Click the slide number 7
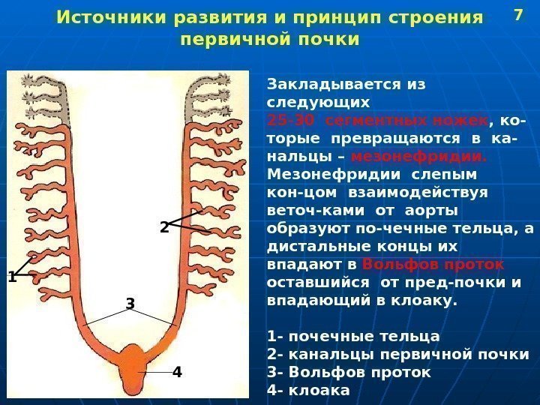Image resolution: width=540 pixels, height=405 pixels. [x=517, y=14]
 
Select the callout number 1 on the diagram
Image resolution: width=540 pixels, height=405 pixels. [x=11, y=277]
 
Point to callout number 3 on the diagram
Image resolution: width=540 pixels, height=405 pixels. [x=130, y=304]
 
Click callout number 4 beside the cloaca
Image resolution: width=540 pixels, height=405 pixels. [x=177, y=371]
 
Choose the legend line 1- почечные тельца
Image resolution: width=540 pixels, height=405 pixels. [x=353, y=336]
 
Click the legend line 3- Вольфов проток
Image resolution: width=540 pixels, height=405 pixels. [x=349, y=372]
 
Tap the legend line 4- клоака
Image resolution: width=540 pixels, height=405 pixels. [x=308, y=390]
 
